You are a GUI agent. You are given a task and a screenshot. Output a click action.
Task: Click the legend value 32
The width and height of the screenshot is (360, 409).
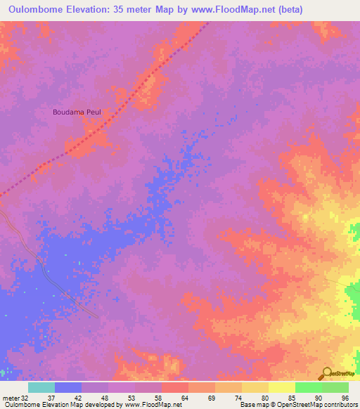(x=28, y=397)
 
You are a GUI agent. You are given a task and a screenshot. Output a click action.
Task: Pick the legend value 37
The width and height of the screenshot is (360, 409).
(x=54, y=397)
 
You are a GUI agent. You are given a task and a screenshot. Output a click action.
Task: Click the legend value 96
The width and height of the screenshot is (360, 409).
(x=344, y=397)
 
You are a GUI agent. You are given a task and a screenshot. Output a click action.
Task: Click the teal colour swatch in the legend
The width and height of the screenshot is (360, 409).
(x=41, y=387)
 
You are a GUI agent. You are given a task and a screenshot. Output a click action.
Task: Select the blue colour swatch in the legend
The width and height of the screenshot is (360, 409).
(x=68, y=387)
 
